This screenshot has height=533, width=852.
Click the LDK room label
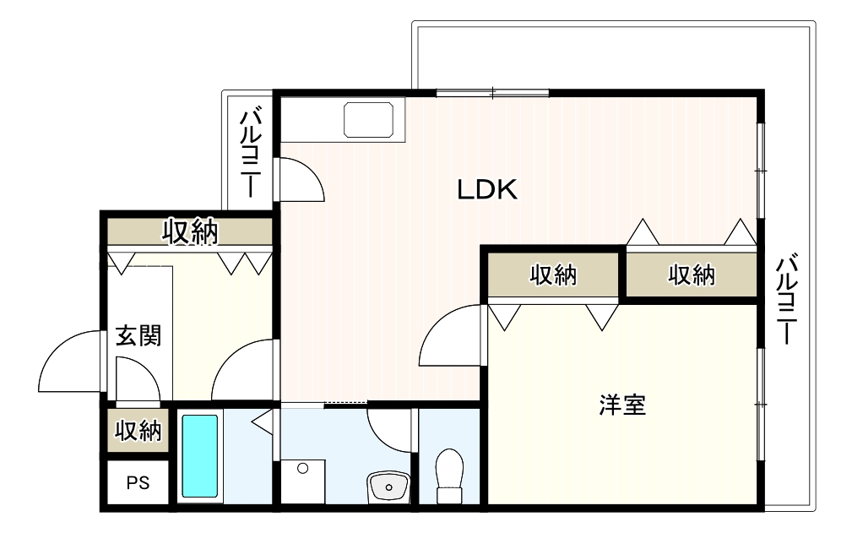tap(487, 189)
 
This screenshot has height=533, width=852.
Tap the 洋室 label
tap(622, 405)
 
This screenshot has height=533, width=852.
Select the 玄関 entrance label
tap(138, 336)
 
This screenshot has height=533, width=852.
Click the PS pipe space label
tap(138, 482)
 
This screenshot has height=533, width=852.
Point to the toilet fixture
tap(449, 476)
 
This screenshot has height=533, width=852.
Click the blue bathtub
tap(200, 456)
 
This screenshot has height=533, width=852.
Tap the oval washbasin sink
tap(388, 487)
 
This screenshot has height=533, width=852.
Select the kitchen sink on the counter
tap(368, 120)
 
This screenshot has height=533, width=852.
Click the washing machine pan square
tap(302, 481)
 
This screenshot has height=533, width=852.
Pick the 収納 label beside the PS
tap(138, 430)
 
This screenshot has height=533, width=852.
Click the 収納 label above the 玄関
tap(190, 231)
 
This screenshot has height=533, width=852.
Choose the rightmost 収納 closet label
tap(692, 275)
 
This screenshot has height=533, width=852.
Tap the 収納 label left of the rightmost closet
tap(553, 275)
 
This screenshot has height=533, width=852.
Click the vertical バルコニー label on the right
tap(786, 298)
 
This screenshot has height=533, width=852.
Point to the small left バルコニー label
tap(251, 153)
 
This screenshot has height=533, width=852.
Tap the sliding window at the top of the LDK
tap(492, 93)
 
